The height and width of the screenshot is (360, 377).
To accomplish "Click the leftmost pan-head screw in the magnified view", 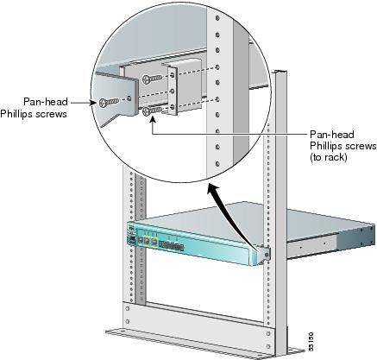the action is (109, 102).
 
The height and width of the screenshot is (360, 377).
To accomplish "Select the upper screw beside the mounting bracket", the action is (152, 79).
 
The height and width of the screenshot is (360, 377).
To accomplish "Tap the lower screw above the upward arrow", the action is (152, 111).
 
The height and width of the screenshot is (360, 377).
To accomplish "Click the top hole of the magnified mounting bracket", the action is (172, 75).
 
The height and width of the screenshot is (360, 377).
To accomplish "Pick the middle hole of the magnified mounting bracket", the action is (172, 92).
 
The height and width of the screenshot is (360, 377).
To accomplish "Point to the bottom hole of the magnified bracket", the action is (172, 107).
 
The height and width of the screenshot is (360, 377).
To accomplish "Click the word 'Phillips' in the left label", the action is (17, 114).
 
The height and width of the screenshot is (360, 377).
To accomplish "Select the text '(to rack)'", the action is (329, 157).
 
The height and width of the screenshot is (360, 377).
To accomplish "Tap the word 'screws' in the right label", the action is (361, 146).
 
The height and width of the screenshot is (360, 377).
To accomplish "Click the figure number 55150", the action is (311, 341).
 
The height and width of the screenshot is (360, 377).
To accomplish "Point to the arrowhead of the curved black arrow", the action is (214, 189).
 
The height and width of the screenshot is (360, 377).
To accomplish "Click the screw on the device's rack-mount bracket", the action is (267, 255).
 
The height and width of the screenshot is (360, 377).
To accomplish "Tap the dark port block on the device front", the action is (172, 245).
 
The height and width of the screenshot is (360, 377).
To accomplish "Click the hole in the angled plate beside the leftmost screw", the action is (129, 98).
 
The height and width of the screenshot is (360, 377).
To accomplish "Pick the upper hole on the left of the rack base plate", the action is (128, 308).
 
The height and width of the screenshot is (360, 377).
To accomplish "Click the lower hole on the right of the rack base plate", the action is (268, 347).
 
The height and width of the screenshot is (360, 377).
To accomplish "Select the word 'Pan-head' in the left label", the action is (46, 102).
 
